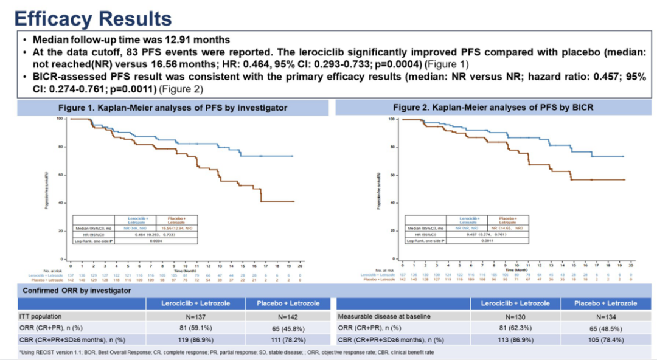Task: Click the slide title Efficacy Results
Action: tap(92, 18)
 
